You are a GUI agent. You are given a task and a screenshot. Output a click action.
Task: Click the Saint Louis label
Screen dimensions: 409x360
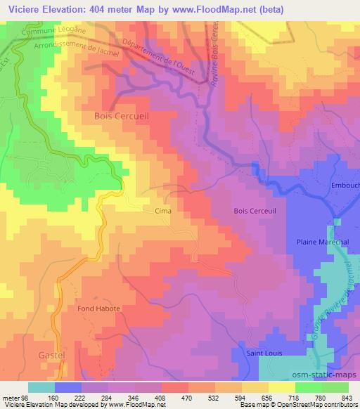(264, 353)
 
